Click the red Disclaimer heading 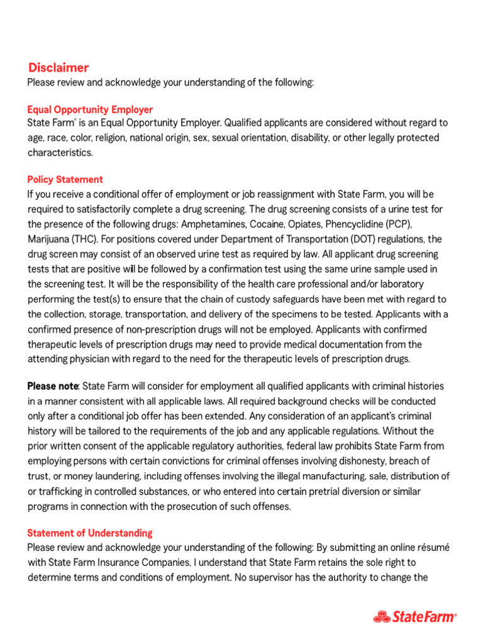(x=58, y=68)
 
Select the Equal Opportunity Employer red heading (x=90, y=109)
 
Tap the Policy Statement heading (x=65, y=179)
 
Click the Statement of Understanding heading (x=89, y=533)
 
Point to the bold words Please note (x=53, y=386)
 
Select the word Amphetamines (x=213, y=225)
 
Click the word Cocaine (x=269, y=225)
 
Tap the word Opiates (x=308, y=225)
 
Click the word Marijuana (x=49, y=240)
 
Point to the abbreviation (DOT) (x=357, y=240)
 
